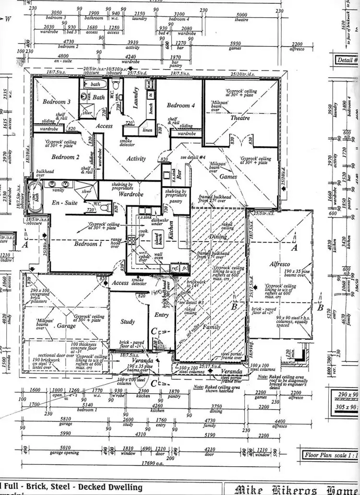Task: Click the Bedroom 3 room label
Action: pos(57,102)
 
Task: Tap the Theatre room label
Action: pos(240,118)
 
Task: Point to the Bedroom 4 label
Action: pos(181,106)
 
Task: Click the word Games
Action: pos(228,177)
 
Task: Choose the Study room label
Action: pos(128,322)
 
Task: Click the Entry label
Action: pos(161,315)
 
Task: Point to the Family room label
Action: pos(211,327)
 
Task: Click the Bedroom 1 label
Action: pos(88,244)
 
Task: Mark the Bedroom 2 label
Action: pos(63,157)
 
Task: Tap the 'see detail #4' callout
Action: pos(193,157)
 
